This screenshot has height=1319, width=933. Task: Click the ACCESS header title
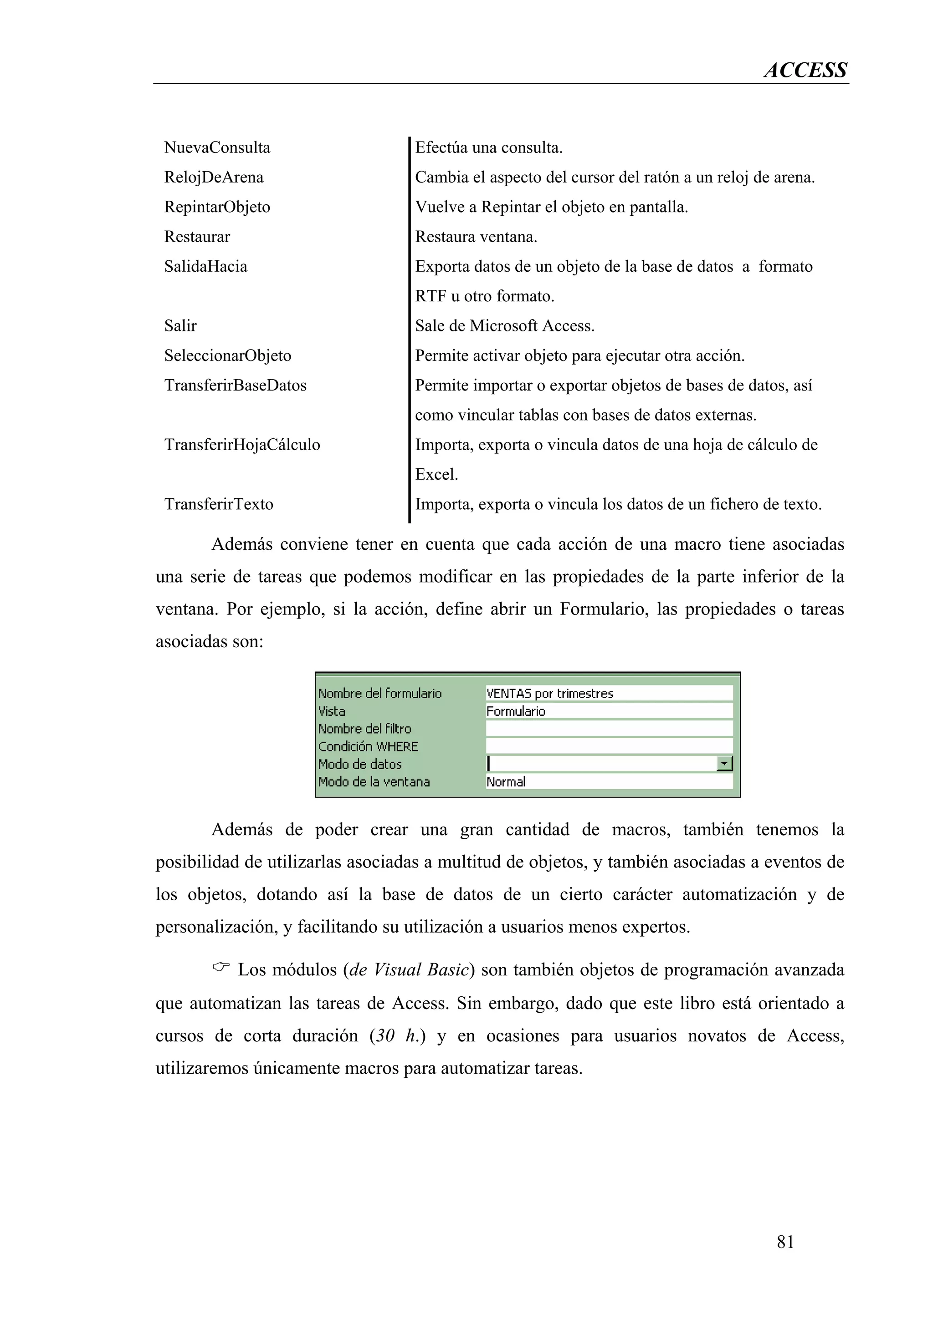click(x=805, y=70)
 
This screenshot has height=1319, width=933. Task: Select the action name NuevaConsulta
click(x=217, y=147)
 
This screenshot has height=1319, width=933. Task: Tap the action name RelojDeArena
click(x=213, y=177)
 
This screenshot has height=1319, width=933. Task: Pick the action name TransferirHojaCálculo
click(x=241, y=445)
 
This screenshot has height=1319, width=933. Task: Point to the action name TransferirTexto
click(x=219, y=504)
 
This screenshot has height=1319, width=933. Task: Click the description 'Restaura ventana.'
click(x=476, y=237)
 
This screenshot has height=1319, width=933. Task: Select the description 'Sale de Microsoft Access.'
click(x=504, y=326)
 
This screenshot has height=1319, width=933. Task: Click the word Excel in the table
click(x=436, y=475)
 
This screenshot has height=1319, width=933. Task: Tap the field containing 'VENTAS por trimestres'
click(x=608, y=693)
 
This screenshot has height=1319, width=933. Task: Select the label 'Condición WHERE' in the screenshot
click(x=368, y=746)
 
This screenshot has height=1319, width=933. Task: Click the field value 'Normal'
click(x=506, y=782)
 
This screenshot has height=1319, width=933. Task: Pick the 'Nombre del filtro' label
click(x=364, y=728)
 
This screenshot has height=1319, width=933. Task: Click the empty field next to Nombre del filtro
click(x=608, y=728)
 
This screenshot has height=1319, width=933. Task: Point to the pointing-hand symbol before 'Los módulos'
click(x=221, y=968)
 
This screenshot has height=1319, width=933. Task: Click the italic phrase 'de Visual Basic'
click(x=409, y=970)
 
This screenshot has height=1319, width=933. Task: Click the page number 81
click(x=785, y=1242)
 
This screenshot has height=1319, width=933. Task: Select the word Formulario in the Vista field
click(x=516, y=711)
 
